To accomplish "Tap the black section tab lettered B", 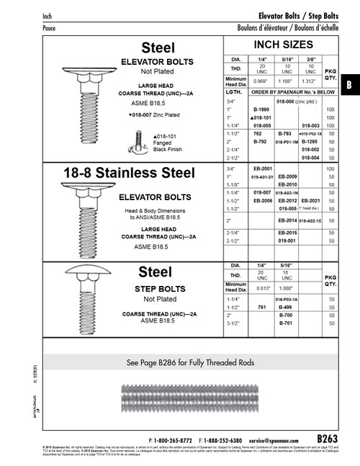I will pyautogui.click(x=349, y=84).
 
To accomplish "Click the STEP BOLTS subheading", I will pyautogui.click(x=160, y=289).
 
